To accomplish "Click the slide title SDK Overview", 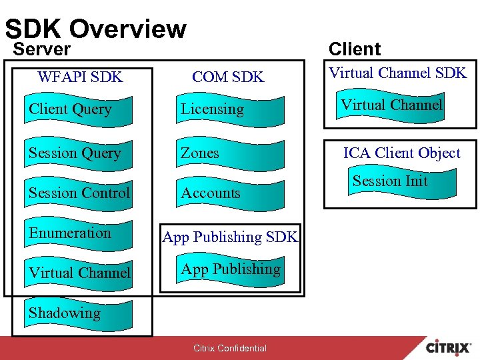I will [x=95, y=28].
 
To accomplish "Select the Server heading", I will [x=42, y=49].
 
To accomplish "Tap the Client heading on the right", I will [x=355, y=49].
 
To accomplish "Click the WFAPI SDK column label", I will [x=80, y=77].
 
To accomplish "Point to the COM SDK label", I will [x=228, y=77].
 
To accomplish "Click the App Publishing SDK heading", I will [x=231, y=237].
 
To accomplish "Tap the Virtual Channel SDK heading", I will [x=399, y=73].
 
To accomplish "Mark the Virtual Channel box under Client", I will [x=391, y=105].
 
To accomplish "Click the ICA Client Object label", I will [x=401, y=153].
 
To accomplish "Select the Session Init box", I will [x=391, y=181].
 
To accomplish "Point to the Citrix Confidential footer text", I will [x=229, y=348].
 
